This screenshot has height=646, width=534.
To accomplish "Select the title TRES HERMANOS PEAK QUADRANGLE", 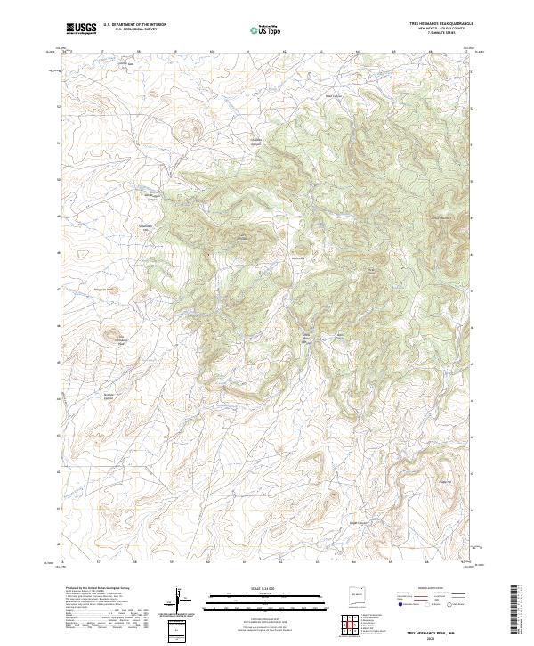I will [x=435, y=24].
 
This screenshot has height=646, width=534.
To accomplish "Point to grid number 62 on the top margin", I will [x=283, y=52].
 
